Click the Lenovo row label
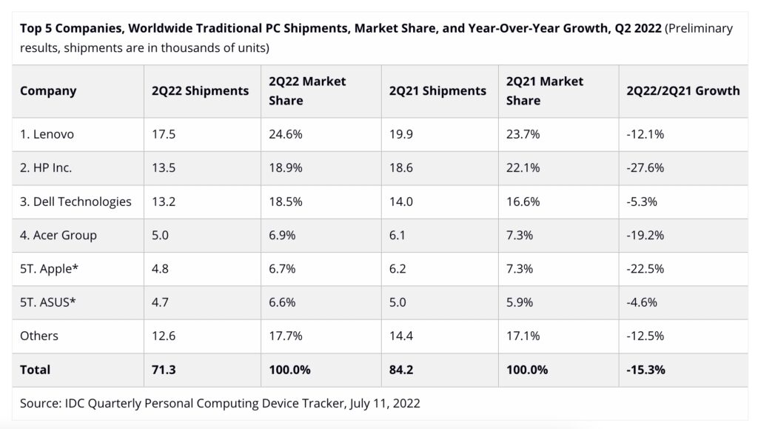[47, 135]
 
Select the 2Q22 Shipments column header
[200, 91]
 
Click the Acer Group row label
[58, 235]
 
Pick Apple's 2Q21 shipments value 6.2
[398, 268]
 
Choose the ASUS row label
[49, 302]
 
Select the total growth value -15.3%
[645, 368]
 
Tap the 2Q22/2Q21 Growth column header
[682, 91]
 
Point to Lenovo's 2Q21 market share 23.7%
[523, 135]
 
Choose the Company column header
[48, 91]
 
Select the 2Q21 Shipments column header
[437, 91]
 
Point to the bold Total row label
[36, 368]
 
